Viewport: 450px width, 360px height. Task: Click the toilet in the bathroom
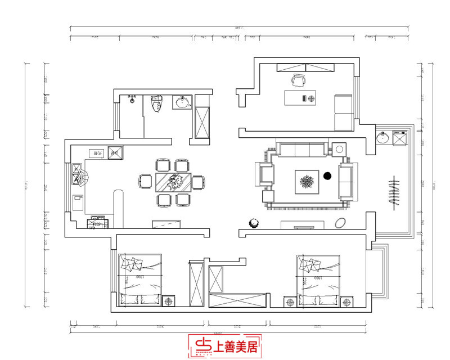tap(157, 103)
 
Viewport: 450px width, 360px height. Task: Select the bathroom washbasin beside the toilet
tap(182, 102)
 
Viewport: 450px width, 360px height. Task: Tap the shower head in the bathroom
tap(132, 99)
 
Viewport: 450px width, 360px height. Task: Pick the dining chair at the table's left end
tap(145, 182)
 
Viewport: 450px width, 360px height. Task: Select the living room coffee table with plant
tap(307, 182)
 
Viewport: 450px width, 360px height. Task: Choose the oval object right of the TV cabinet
tap(341, 223)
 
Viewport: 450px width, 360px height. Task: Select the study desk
tap(300, 97)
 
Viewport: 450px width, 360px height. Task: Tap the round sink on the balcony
tap(384, 137)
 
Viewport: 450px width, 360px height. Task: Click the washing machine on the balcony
tap(399, 137)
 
